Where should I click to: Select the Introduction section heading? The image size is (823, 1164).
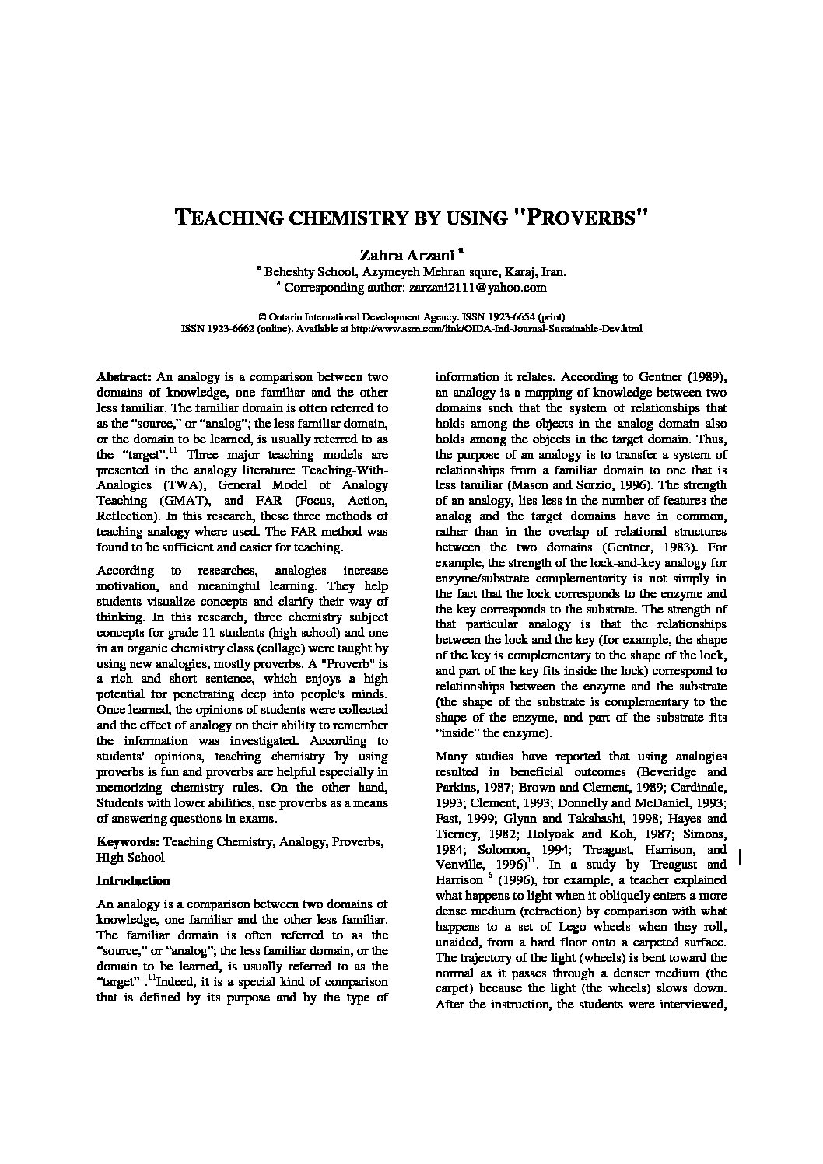coord(133,881)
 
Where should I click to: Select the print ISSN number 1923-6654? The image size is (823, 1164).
coord(511,317)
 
